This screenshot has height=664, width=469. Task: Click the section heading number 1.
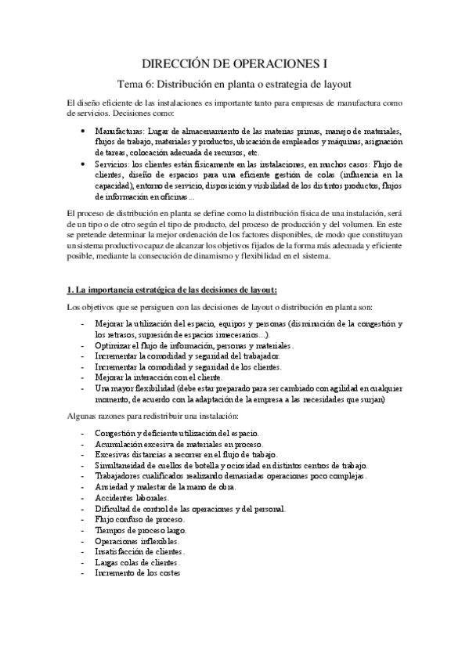click(x=70, y=291)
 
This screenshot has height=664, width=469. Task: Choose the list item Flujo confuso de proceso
click(x=139, y=519)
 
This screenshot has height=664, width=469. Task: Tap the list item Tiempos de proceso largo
click(x=139, y=530)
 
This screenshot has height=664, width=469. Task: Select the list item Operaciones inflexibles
click(x=136, y=541)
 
